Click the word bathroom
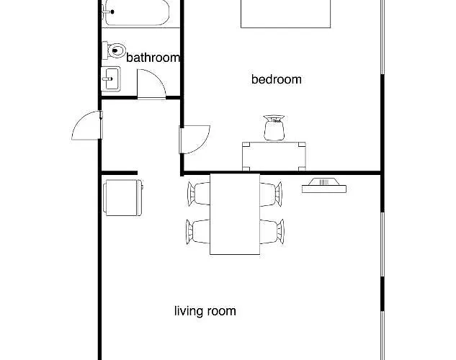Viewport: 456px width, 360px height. click(153, 58)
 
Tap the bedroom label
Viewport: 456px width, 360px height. click(276, 79)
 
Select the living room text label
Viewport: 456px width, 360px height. click(205, 312)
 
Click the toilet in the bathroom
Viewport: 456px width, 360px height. click(114, 50)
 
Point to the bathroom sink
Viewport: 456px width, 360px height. click(111, 78)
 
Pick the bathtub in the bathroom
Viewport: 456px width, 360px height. click(136, 12)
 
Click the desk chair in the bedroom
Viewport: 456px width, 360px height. click(274, 128)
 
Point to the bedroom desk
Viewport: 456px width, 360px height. click(274, 155)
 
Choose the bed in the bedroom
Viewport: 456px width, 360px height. click(285, 14)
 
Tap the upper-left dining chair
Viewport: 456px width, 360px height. click(198, 193)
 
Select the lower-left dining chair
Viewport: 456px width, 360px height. click(198, 231)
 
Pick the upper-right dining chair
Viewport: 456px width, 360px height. click(270, 193)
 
